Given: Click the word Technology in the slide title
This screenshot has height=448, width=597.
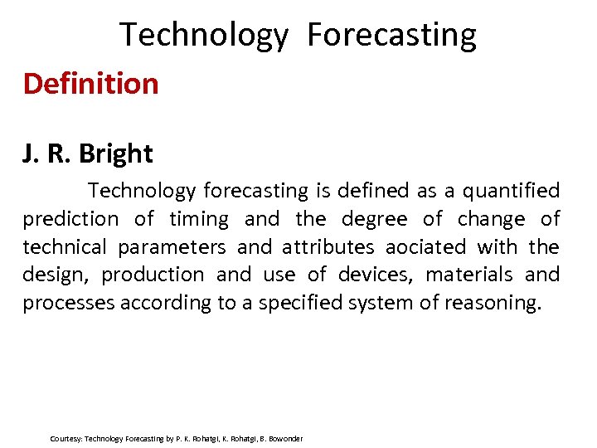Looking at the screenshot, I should coord(204,36).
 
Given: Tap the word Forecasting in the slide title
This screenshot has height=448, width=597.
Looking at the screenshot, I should coord(391,36).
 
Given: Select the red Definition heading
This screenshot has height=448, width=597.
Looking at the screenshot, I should coord(90,84).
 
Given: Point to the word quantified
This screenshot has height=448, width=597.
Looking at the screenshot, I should coord(511,191).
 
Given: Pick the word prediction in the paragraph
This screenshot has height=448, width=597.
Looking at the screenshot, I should coord(70,219).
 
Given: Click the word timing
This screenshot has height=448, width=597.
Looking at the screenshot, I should coord(199,219).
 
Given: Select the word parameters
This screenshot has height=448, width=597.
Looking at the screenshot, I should coord(172,247).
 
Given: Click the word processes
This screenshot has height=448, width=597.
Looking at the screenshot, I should coord(69,303).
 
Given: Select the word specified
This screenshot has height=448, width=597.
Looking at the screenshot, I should coord(300,303).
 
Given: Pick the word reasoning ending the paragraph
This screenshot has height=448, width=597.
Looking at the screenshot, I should coord(491,303).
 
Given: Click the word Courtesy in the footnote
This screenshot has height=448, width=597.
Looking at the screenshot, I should coord(66,438).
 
